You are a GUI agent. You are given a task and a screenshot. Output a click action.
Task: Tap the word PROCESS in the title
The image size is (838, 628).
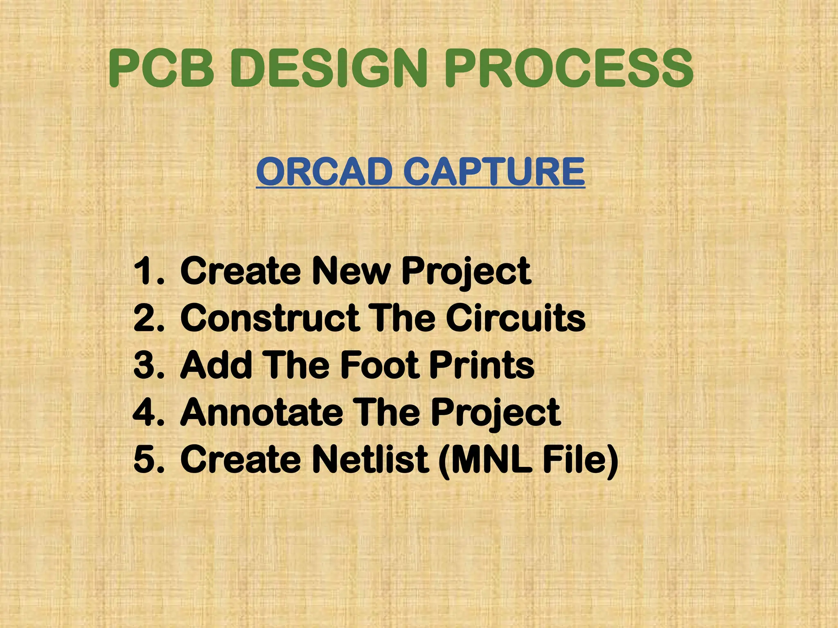click(569, 68)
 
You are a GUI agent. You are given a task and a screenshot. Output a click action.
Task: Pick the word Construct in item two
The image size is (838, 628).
click(270, 318)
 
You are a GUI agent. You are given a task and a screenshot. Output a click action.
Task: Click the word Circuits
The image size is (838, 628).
click(516, 318)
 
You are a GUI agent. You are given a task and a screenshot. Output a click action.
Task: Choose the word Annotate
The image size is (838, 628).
click(261, 412)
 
